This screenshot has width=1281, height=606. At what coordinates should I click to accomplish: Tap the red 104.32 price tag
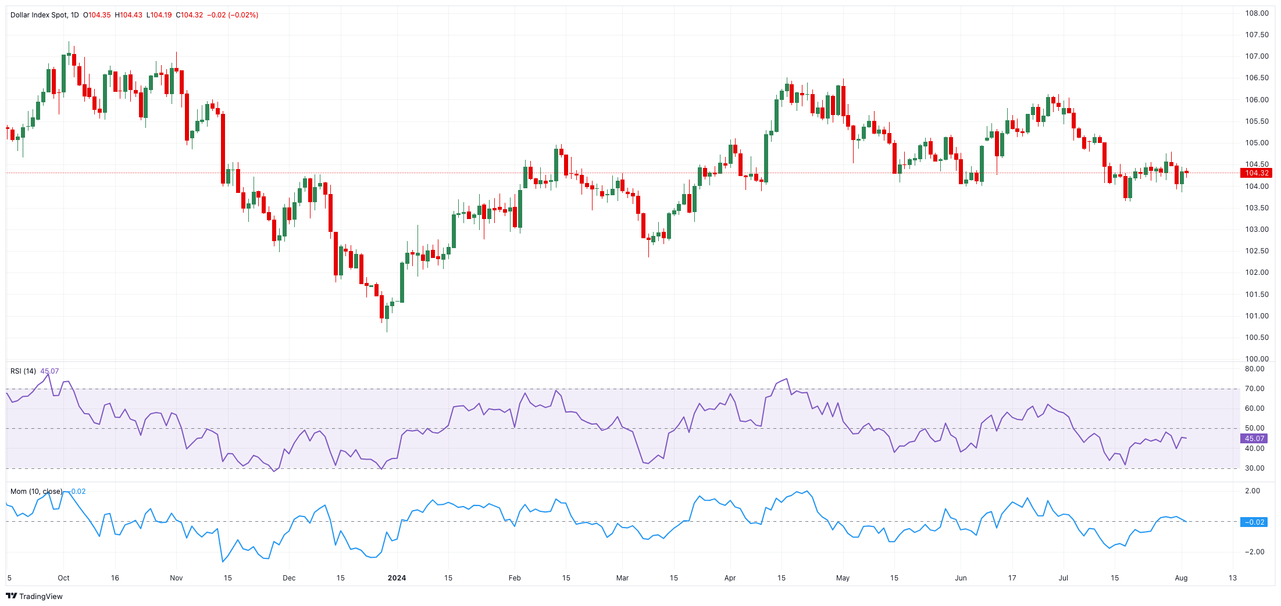[x=1256, y=173]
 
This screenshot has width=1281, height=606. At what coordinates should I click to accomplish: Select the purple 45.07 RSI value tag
[x=1254, y=439]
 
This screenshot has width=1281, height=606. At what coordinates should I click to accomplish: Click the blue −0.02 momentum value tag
[x=1254, y=522]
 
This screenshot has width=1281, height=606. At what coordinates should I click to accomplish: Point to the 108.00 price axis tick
[x=1257, y=13]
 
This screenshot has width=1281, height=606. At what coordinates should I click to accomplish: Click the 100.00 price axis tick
[x=1257, y=359]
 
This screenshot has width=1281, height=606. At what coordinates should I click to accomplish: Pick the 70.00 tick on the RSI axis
[x=1254, y=389]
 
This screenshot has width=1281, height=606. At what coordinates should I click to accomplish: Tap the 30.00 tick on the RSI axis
[x=1254, y=468]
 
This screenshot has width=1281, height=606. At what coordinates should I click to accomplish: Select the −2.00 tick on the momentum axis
[x=1254, y=552]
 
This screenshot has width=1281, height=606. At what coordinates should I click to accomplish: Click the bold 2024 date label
[x=397, y=578]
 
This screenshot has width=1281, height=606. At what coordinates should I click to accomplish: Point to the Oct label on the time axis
[x=63, y=578]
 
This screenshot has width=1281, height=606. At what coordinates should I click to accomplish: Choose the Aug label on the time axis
[x=1181, y=578]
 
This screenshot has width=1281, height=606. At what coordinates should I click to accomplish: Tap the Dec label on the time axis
[x=289, y=578]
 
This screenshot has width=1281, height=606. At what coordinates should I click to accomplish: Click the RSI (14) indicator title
[x=23, y=371]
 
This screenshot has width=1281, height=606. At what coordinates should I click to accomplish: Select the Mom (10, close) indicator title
[x=36, y=492]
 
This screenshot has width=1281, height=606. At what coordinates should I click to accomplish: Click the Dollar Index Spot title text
[x=39, y=15]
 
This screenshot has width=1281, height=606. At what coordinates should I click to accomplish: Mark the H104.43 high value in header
[x=129, y=15]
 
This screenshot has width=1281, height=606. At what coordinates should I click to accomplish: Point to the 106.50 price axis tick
[x=1257, y=78]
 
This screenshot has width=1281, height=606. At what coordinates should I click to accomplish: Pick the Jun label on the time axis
[x=961, y=578]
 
